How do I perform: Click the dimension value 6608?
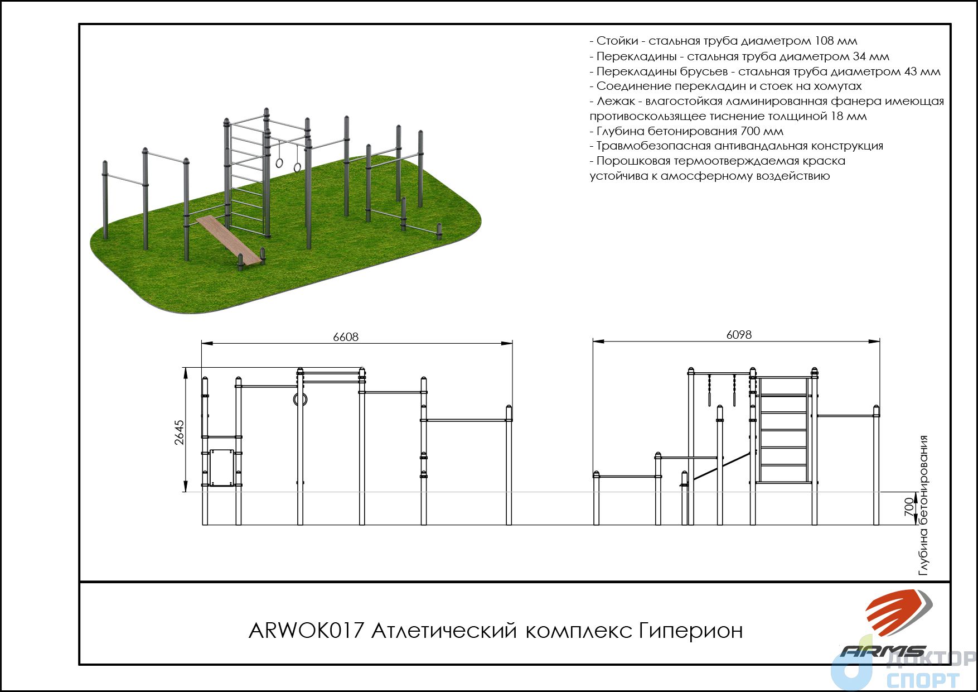point(346,337)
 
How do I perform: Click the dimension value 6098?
point(739,335)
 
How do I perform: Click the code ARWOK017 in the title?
point(306,631)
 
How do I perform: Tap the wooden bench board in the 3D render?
point(229,239)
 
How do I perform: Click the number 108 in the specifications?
point(826,41)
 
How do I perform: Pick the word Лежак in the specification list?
point(616,101)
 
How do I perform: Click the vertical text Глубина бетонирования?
point(924,505)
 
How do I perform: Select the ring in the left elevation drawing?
point(300,399)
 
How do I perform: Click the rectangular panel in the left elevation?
point(221,468)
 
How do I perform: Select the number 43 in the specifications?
point(910,71)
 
